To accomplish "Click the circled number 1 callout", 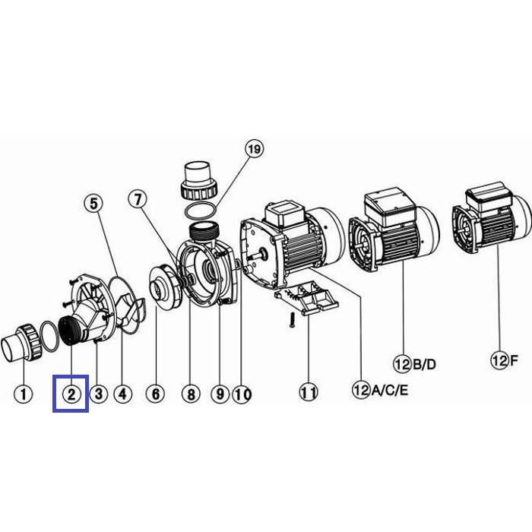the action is [x=24, y=394].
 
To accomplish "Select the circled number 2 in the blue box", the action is [x=71, y=394].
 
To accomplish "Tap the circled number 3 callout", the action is [x=99, y=394].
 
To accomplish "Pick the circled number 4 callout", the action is [x=122, y=394].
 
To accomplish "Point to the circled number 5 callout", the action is [x=93, y=204].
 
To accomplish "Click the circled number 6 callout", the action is [x=155, y=394].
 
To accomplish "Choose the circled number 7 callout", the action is [x=138, y=199].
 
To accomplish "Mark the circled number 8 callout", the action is [x=191, y=394].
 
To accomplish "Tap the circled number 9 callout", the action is [x=220, y=394].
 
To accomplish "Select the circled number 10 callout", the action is [x=242, y=394].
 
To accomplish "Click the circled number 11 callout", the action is [x=309, y=393].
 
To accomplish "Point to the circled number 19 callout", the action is [x=255, y=149].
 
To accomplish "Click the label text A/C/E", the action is [x=390, y=391].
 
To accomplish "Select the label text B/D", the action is [x=424, y=364].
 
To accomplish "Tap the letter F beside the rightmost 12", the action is [x=514, y=360].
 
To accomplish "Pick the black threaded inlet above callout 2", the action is [x=70, y=331].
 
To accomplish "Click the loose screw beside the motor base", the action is [x=292, y=320].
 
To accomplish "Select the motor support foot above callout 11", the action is [x=306, y=298].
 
